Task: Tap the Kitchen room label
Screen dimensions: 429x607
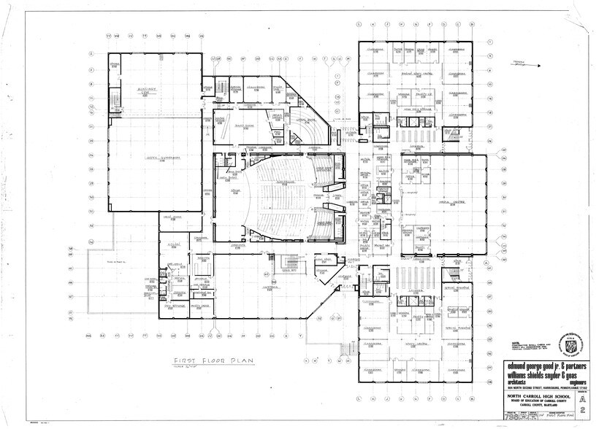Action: [174, 243]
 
